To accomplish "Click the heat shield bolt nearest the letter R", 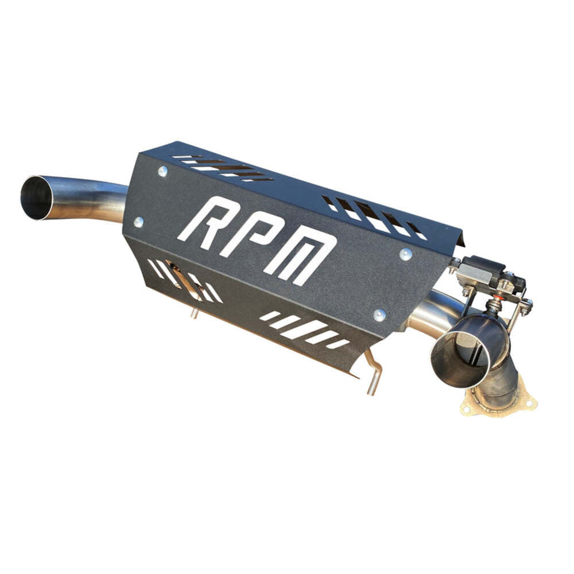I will coord(162,170).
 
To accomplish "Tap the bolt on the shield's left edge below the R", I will coord(138,221).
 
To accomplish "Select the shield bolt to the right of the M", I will coord(405,253).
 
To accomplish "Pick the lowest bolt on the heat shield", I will coord(379,315).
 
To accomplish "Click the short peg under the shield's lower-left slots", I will coord(195,312).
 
